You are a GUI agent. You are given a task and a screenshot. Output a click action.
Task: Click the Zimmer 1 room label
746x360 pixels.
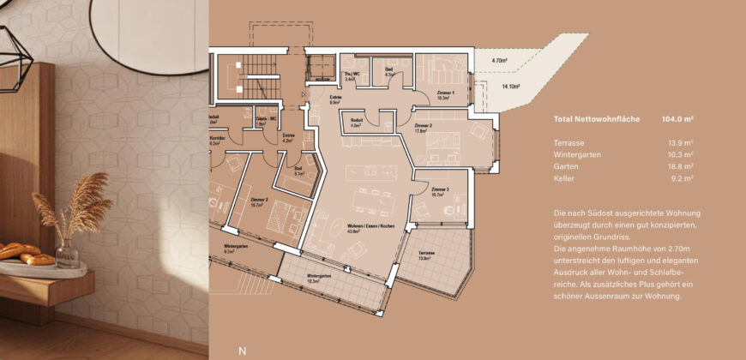click(x=445, y=95)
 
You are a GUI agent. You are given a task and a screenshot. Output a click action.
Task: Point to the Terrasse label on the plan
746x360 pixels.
click(x=426, y=255)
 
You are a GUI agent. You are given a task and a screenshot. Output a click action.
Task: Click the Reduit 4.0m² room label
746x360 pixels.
click(x=357, y=123)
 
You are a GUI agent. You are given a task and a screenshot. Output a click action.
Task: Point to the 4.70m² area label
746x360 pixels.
click(x=501, y=61)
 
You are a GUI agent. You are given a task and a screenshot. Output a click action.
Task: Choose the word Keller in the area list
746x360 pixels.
click(x=565, y=178)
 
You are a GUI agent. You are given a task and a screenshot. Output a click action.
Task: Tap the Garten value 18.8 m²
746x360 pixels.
click(x=679, y=166)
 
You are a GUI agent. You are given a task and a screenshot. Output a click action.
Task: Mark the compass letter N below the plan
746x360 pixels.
click(x=242, y=351)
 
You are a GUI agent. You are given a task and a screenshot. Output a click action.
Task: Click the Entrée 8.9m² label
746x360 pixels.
click(x=335, y=99)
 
